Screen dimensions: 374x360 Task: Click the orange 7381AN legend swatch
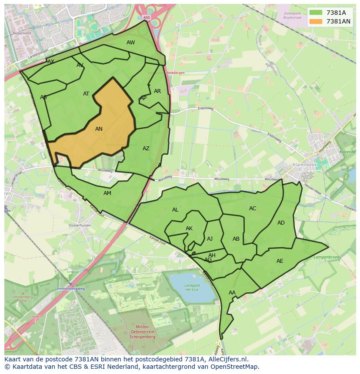(316, 21)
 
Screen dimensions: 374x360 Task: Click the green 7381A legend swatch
(316, 13)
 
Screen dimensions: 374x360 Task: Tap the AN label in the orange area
(99, 129)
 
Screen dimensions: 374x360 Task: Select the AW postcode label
(130, 43)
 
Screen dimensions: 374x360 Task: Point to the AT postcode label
(86, 94)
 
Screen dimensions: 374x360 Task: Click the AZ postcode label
(146, 149)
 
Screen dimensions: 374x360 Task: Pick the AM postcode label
(107, 193)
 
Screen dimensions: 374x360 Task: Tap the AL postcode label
(175, 210)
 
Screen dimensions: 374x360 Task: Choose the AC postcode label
(253, 209)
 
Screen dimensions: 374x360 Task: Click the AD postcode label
(281, 223)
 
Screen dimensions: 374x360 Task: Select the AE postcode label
(280, 261)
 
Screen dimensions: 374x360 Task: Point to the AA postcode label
(232, 293)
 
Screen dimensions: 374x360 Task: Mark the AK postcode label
(189, 228)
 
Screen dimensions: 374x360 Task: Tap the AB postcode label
(236, 239)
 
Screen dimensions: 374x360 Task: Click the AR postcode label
(157, 91)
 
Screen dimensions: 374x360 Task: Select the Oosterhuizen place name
(80, 225)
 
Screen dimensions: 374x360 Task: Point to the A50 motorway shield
(146, 17)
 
